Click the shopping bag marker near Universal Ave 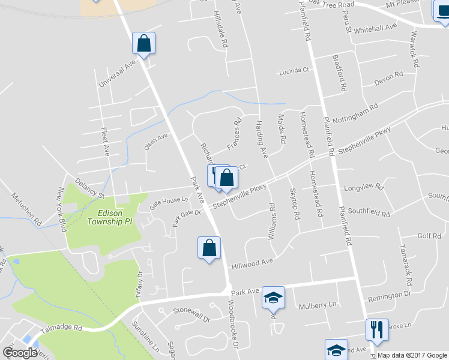[143, 43]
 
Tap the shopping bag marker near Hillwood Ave [209, 248]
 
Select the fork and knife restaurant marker [377, 329]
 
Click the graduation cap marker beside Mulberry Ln [273, 298]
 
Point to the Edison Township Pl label [113, 217]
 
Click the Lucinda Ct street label [297, 71]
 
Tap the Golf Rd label [429, 236]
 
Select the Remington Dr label [390, 295]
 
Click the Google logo [20, 353]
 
